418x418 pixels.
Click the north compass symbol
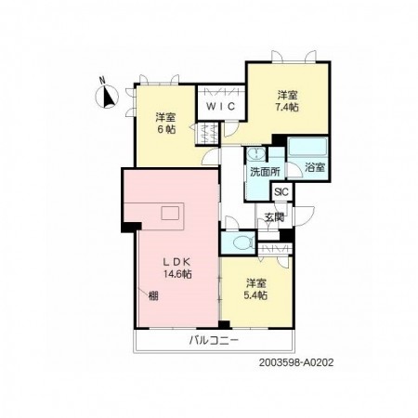[107, 96]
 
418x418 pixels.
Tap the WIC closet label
[221, 107]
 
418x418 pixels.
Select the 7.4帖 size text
[287, 107]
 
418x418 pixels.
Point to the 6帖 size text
[165, 129]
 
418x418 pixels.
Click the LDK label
[176, 262]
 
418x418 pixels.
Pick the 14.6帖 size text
[177, 274]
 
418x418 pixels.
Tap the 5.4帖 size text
[255, 295]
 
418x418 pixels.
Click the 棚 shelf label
[153, 296]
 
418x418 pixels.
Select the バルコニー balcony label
[214, 341]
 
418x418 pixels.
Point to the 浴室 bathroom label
[315, 167]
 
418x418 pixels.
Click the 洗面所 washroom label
[265, 172]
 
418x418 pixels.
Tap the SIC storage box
[281, 192]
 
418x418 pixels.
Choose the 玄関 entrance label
[274, 217]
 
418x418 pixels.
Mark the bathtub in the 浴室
[307, 147]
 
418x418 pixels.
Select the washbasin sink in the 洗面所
[256, 153]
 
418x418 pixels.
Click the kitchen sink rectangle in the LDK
[170, 213]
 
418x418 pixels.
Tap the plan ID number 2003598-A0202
[296, 362]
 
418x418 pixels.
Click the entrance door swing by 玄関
[304, 216]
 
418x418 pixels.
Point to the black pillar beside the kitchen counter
[131, 227]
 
